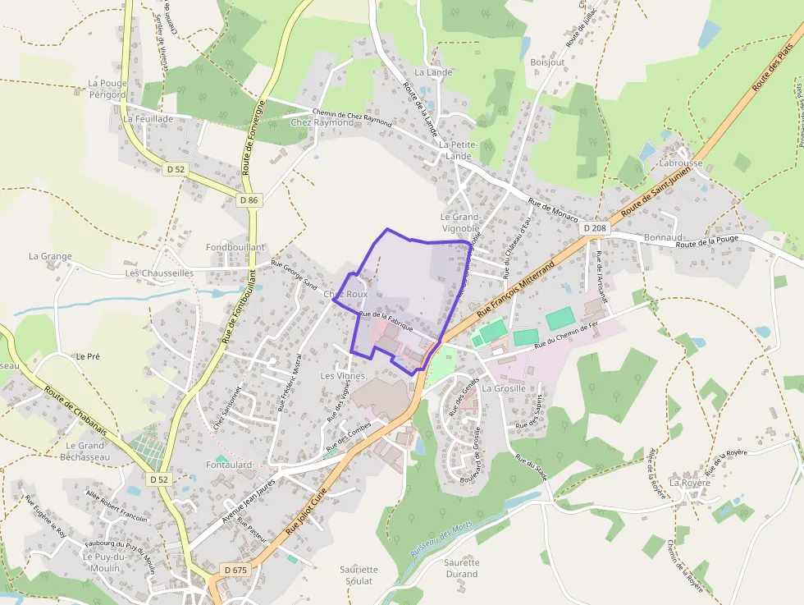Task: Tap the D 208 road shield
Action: coord(598,227)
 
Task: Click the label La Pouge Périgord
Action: coord(107,89)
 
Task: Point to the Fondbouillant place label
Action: coord(235,247)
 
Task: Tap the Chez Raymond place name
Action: coord(322,122)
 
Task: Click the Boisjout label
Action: coord(547,62)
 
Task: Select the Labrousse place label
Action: coord(681,163)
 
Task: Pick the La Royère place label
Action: coord(690,483)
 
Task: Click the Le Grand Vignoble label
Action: coord(459,222)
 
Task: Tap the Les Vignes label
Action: coord(342,375)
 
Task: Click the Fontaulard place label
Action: coord(229,465)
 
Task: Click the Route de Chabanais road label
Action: coord(80,410)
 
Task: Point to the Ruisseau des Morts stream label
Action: coord(442,541)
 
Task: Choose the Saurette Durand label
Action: coord(461,568)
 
